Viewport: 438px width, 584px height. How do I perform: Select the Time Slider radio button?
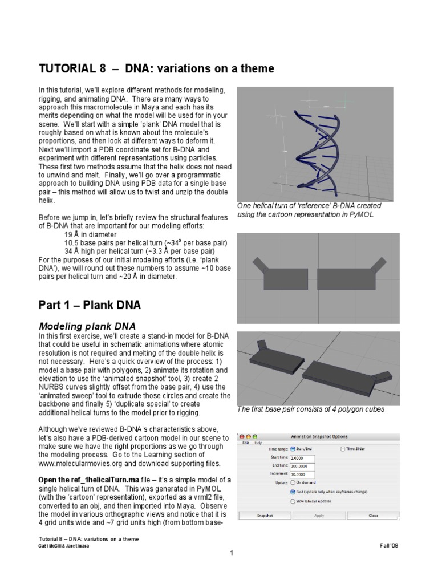(343, 449)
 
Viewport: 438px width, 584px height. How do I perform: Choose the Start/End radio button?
(293, 449)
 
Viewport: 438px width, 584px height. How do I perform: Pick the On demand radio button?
(293, 482)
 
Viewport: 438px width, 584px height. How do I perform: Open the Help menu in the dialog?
(258, 443)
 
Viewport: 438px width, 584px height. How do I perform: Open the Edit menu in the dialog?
(245, 443)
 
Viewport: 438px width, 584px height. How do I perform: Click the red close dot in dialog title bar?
(241, 436)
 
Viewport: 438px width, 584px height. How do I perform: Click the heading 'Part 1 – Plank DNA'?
(90, 305)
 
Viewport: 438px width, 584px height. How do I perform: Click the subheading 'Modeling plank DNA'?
(87, 326)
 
